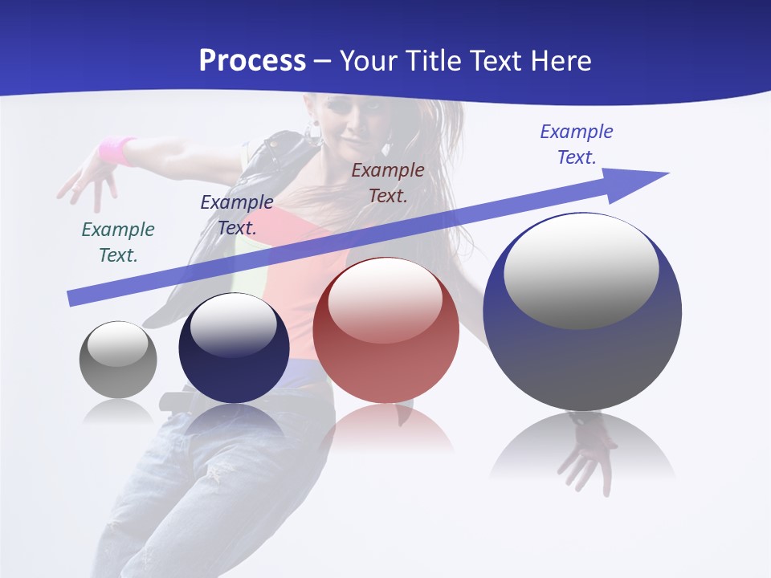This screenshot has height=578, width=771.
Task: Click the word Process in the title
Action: pos(252,61)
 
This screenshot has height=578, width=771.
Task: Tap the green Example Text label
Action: pos(118,242)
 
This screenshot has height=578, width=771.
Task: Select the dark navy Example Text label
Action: pos(237,215)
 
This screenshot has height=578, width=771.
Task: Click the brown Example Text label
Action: pos(388,182)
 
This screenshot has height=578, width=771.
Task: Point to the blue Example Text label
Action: pos(577,144)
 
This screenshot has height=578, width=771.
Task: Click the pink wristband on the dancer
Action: pos(117,149)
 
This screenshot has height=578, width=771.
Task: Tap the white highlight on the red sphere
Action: pos(385,300)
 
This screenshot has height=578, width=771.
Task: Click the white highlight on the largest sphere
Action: pos(581,271)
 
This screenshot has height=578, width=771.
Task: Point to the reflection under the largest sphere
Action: pos(582,446)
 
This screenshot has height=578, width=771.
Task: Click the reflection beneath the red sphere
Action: pos(385,425)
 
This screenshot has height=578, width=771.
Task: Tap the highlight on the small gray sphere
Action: pos(117,344)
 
